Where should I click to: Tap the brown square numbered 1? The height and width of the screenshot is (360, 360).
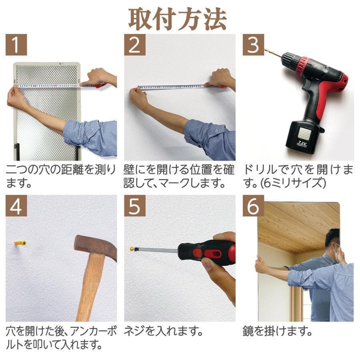[16, 45]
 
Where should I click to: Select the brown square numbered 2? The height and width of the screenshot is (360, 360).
[134, 45]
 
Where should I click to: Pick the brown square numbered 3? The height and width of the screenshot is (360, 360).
[253, 45]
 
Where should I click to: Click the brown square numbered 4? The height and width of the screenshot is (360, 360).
[16, 206]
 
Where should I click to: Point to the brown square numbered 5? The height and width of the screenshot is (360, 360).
[134, 206]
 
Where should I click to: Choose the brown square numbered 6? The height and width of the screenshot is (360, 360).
[253, 206]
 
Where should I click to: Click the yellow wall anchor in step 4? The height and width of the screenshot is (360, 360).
[21, 243]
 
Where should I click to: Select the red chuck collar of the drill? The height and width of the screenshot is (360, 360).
[303, 64]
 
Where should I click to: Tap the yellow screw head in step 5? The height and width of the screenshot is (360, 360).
[132, 249]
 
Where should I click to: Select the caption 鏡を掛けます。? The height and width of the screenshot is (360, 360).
[277, 332]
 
